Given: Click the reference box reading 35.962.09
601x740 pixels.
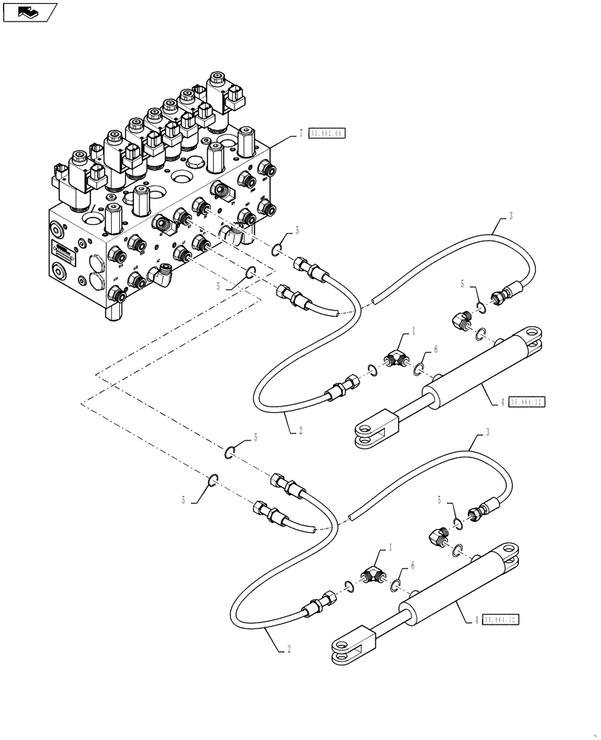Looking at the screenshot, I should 327,134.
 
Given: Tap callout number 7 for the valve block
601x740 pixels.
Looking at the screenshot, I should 301,134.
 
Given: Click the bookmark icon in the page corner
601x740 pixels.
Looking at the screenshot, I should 30,11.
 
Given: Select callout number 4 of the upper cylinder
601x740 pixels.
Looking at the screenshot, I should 503,402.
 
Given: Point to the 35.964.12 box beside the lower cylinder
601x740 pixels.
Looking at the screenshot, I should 501,619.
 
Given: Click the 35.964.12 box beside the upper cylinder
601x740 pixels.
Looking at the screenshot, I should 528,402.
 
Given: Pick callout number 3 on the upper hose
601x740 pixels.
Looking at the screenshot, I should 510,217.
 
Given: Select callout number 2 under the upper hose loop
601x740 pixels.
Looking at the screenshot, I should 300,429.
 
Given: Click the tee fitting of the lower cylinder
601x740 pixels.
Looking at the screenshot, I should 375,576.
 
